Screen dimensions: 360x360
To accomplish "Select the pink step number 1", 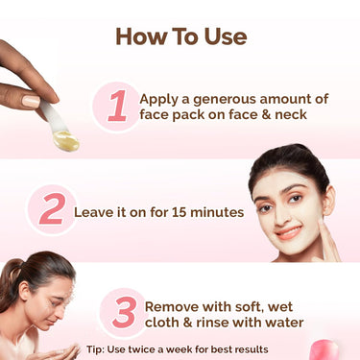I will tap(117, 106).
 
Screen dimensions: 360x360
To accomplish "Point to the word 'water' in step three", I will tap(282, 323).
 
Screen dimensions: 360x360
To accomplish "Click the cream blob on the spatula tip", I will tap(65, 143).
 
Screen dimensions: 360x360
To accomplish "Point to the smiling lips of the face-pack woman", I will tap(287, 231).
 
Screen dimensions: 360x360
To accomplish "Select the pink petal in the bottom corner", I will tap(326, 348).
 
